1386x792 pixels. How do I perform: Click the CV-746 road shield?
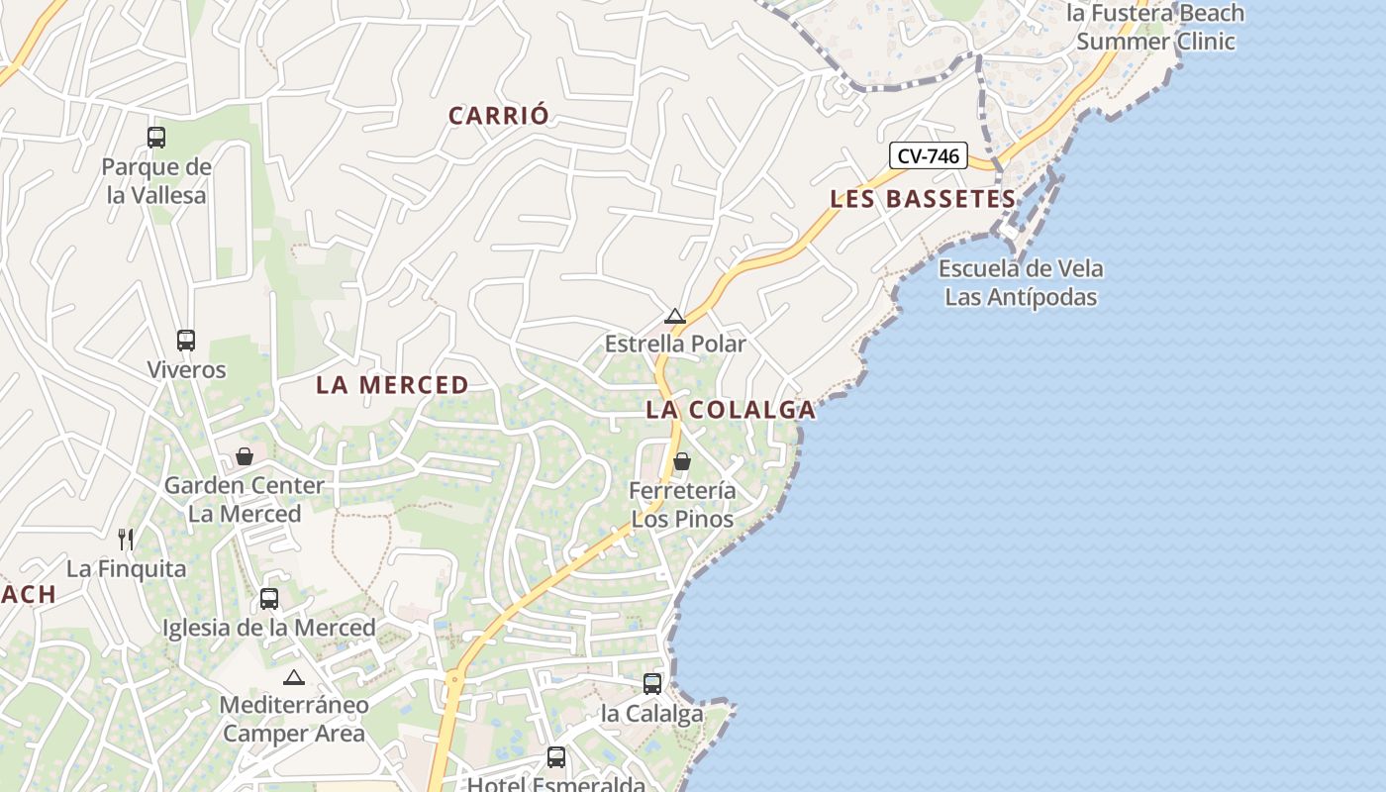click(928, 155)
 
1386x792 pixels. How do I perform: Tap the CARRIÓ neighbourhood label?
click(498, 116)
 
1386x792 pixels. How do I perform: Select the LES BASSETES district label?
click(923, 199)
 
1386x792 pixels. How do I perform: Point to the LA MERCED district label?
click(392, 385)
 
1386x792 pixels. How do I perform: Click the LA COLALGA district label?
click(731, 410)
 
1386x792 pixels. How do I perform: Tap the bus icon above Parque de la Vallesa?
click(156, 138)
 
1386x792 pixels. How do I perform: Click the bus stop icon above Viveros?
click(186, 341)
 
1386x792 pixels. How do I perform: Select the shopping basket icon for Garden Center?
click(245, 456)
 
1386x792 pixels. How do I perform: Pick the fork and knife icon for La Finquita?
click(126, 540)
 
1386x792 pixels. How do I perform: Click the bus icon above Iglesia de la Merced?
click(269, 599)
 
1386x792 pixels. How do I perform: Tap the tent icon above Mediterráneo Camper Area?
click(293, 678)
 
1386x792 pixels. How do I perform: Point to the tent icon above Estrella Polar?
click(675, 317)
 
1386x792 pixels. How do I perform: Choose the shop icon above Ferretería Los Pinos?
click(682, 461)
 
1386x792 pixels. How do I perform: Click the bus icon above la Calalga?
click(652, 684)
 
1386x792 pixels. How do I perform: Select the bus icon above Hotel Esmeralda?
click(556, 757)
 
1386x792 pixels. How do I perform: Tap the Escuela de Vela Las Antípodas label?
click(1021, 282)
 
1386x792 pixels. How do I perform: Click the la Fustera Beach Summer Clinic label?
click(1155, 27)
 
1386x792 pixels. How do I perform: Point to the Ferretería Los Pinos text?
click(683, 505)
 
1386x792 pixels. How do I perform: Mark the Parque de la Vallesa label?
click(156, 181)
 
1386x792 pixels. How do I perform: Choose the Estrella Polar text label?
click(675, 344)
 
